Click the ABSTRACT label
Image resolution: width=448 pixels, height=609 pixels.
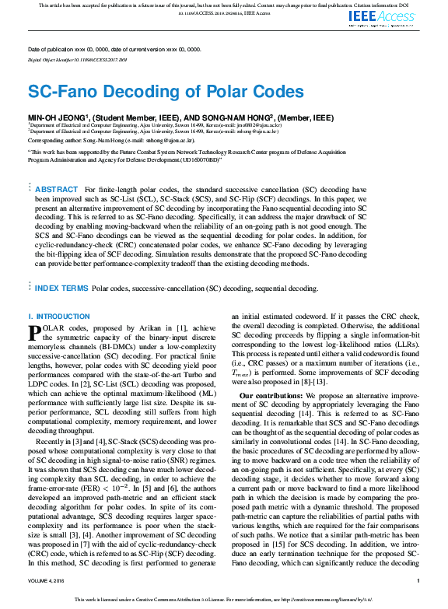click(x=57, y=190)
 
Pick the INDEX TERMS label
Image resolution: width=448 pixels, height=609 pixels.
click(x=61, y=289)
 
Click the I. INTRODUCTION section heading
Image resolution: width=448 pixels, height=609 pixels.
click(x=59, y=317)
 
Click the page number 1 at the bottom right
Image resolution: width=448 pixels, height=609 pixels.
click(x=418, y=581)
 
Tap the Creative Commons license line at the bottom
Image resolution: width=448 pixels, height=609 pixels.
click(x=224, y=600)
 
